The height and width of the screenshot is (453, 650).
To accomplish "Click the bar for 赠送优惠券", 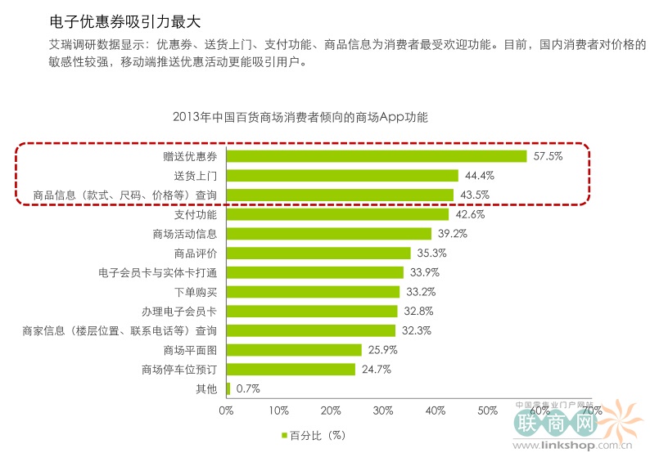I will tap(377, 156).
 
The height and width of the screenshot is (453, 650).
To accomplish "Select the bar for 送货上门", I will tap(342, 176).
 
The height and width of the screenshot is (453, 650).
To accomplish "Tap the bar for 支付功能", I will tap(337, 214).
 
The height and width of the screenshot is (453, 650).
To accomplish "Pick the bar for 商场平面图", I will tap(294, 350).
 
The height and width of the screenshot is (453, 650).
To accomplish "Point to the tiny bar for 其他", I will tap(228, 388).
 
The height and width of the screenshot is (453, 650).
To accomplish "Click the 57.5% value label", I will tap(548, 156).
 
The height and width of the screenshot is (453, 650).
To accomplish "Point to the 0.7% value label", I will tap(248, 389).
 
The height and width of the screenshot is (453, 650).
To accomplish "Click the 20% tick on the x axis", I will tap(331, 410).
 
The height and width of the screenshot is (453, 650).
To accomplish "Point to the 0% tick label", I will tap(227, 410).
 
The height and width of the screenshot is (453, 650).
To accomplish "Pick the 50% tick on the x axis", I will tap(487, 410).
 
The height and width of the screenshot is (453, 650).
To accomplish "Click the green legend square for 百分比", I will tap(284, 435).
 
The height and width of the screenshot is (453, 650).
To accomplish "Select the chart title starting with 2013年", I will tap(300, 117).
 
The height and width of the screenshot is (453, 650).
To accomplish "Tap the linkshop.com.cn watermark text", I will tap(576, 444).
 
